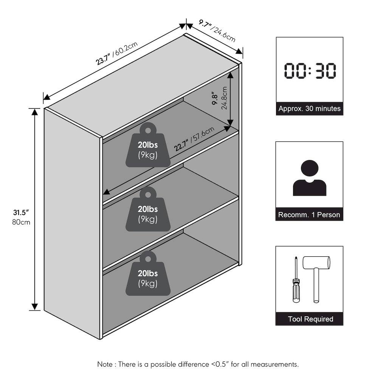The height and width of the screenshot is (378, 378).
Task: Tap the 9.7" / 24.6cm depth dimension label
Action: (217, 31)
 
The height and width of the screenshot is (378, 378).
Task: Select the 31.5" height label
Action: (21, 212)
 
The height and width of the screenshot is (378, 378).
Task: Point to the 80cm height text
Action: (21, 222)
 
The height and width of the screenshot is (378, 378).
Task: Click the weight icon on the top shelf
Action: (148, 145)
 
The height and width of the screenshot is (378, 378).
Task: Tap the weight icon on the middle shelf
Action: (148, 209)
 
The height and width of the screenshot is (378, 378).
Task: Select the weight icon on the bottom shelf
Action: (148, 273)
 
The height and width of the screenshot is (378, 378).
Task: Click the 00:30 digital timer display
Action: (310, 71)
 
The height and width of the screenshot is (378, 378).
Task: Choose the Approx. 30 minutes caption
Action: (310, 108)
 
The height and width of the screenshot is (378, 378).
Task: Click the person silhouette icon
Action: (310, 178)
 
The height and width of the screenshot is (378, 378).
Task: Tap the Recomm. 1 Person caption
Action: (309, 215)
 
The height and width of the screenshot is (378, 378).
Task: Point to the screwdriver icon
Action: (296, 280)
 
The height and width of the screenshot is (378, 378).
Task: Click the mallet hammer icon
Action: (316, 279)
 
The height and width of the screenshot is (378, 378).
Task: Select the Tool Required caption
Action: (310, 319)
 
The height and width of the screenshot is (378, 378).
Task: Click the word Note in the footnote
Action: (105, 364)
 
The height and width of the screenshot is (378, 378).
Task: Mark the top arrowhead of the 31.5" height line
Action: (35, 112)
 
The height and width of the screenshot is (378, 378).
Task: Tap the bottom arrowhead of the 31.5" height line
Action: (35, 307)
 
